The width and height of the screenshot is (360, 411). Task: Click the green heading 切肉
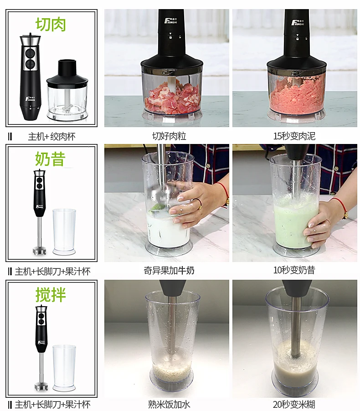51,24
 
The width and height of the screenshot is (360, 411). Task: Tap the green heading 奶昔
50,159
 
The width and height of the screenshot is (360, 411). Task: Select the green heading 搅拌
51,295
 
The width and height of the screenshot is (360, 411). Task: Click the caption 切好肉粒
169,136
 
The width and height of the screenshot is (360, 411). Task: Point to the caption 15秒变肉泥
294,136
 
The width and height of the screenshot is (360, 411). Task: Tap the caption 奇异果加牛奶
169,270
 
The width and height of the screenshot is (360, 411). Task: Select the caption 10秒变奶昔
294,270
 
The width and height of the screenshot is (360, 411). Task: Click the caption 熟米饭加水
169,404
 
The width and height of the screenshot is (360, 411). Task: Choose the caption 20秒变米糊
294,404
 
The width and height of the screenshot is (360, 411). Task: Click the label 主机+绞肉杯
51,137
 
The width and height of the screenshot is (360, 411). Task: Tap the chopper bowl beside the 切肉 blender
67,91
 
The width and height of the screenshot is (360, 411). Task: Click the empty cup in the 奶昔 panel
64,232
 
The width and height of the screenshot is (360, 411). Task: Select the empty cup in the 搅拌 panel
64,368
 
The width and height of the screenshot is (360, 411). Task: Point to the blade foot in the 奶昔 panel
40,250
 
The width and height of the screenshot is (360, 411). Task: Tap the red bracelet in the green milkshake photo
341,206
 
